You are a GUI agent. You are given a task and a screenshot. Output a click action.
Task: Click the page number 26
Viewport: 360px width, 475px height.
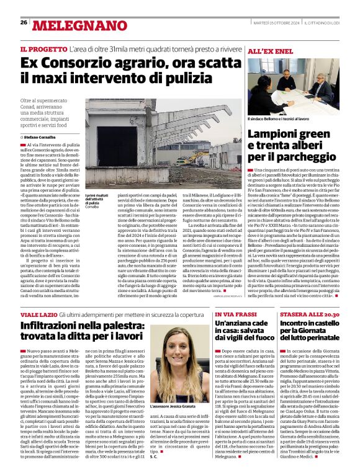pos(23,22)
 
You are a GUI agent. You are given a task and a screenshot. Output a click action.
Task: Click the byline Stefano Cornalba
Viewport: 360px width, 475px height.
pos(40,136)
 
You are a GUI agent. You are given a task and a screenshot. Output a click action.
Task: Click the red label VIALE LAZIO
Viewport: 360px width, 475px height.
pos(38,315)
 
